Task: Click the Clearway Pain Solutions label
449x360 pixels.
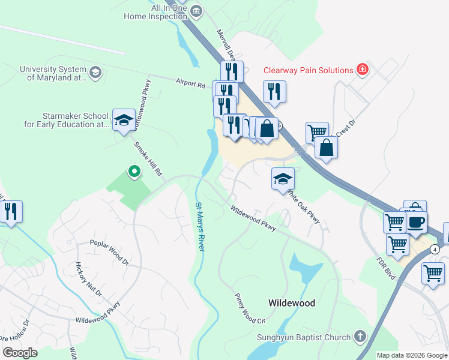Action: coord(308,70)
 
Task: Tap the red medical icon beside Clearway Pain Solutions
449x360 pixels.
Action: coord(362,70)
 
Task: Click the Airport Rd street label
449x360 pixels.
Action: coord(190,83)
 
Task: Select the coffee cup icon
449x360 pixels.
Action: coord(416,221)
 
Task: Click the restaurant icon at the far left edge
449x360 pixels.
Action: coord(11,211)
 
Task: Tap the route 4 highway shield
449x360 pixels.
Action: coord(434,248)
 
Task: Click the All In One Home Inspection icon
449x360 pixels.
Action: coord(196,11)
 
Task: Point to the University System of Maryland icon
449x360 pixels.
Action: coord(95,73)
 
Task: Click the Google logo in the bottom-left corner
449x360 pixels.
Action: coord(20,353)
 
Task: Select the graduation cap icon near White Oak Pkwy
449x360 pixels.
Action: coord(283,179)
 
